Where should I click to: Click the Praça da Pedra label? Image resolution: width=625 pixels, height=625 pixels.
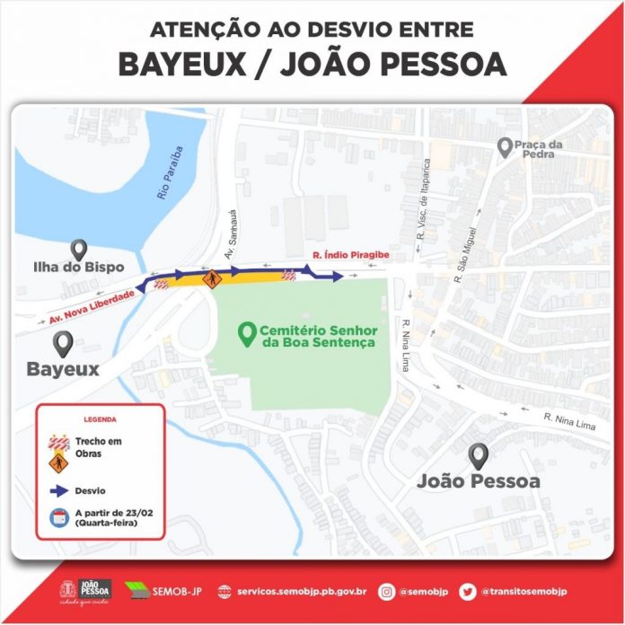(544, 148)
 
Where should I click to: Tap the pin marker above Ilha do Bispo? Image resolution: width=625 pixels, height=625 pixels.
(79, 251)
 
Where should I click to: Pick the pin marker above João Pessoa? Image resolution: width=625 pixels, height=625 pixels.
(479, 455)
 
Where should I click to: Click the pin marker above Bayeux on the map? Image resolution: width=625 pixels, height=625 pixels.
(63, 343)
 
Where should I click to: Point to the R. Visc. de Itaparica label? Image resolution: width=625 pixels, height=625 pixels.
(427, 198)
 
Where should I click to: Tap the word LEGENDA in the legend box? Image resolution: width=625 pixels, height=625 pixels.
(100, 419)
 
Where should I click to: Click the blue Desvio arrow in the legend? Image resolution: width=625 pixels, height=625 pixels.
(59, 491)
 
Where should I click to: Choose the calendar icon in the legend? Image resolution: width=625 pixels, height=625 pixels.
(58, 516)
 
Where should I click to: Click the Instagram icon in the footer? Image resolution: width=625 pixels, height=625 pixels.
(388, 591)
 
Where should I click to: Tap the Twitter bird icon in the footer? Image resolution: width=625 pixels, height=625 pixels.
(468, 591)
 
